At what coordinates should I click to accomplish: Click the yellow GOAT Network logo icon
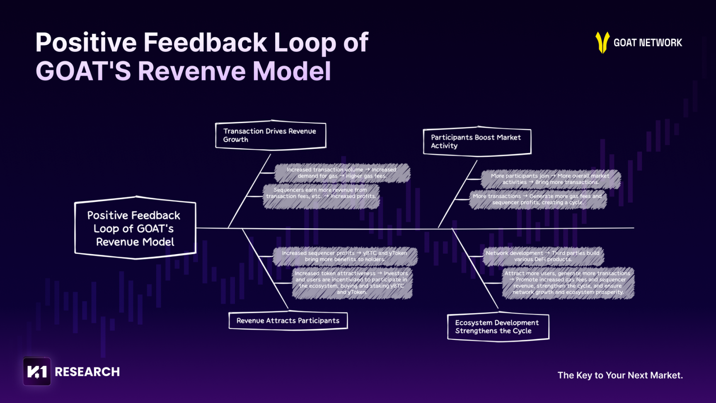coord(602,42)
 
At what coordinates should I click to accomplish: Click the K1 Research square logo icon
coord(37,371)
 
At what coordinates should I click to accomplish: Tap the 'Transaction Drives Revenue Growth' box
coord(271,135)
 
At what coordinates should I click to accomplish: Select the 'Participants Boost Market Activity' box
coord(477,141)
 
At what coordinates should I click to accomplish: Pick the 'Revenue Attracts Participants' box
coord(288,320)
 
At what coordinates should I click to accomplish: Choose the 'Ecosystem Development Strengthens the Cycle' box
coord(498,327)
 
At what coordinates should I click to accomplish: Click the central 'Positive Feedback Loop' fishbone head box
coord(135,228)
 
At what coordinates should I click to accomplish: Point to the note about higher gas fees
coord(342,173)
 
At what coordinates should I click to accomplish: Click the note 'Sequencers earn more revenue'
coord(321,193)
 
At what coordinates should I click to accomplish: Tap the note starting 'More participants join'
coord(550,179)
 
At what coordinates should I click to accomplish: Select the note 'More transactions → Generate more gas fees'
coord(537,199)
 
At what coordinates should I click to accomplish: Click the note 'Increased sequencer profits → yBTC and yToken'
coord(345,256)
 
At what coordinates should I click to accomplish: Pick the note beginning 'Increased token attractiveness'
coord(352,283)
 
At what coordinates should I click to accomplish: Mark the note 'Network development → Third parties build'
coord(543,256)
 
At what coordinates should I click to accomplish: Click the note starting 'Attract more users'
coord(568,283)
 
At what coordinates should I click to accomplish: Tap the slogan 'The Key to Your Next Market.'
coord(620,375)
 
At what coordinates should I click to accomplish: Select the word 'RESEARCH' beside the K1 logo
coord(87,372)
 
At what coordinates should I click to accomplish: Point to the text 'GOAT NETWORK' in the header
coord(648,43)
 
